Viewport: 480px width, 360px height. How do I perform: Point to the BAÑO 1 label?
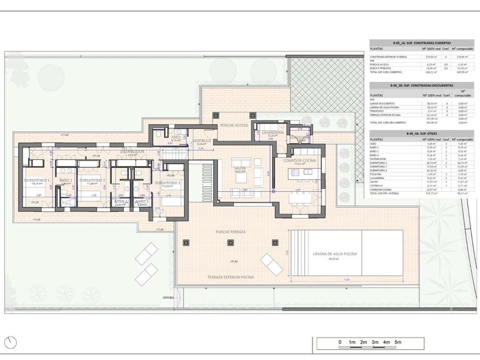(66, 181)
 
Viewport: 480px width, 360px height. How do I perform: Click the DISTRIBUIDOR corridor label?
(132, 151)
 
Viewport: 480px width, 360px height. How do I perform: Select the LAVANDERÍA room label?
(273, 133)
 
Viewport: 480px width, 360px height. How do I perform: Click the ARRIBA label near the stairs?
(167, 297)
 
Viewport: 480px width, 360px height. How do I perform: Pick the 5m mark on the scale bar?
(398, 342)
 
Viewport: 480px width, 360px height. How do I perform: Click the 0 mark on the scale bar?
(339, 342)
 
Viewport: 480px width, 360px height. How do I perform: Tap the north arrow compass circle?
(9, 342)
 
